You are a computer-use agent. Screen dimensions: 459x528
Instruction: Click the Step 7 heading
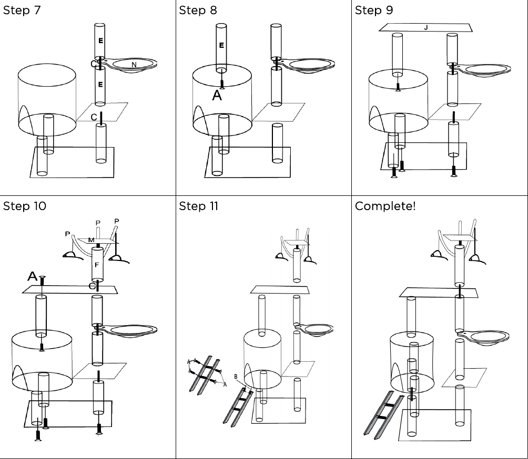point(22,11)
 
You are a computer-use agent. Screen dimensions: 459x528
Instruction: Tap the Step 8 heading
point(198,11)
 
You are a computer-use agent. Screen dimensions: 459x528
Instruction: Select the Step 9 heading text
point(374,11)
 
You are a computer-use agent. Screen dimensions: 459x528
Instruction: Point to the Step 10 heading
point(24,206)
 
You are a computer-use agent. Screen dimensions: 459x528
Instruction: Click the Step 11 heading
point(199,206)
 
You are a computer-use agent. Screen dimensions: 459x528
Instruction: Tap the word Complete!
point(385,206)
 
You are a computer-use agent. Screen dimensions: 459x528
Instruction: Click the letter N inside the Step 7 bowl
point(134,64)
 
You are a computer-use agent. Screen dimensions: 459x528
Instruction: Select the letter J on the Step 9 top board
point(426,27)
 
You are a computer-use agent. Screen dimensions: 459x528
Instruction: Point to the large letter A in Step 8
point(217,96)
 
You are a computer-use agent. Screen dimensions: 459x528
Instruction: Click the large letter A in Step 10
point(32,276)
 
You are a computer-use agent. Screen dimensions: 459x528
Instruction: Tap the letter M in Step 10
point(92,240)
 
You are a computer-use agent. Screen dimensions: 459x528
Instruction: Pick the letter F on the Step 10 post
point(97,265)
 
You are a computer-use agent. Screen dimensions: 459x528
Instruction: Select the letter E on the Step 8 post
point(221,46)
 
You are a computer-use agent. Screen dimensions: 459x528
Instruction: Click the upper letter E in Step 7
point(100,40)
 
